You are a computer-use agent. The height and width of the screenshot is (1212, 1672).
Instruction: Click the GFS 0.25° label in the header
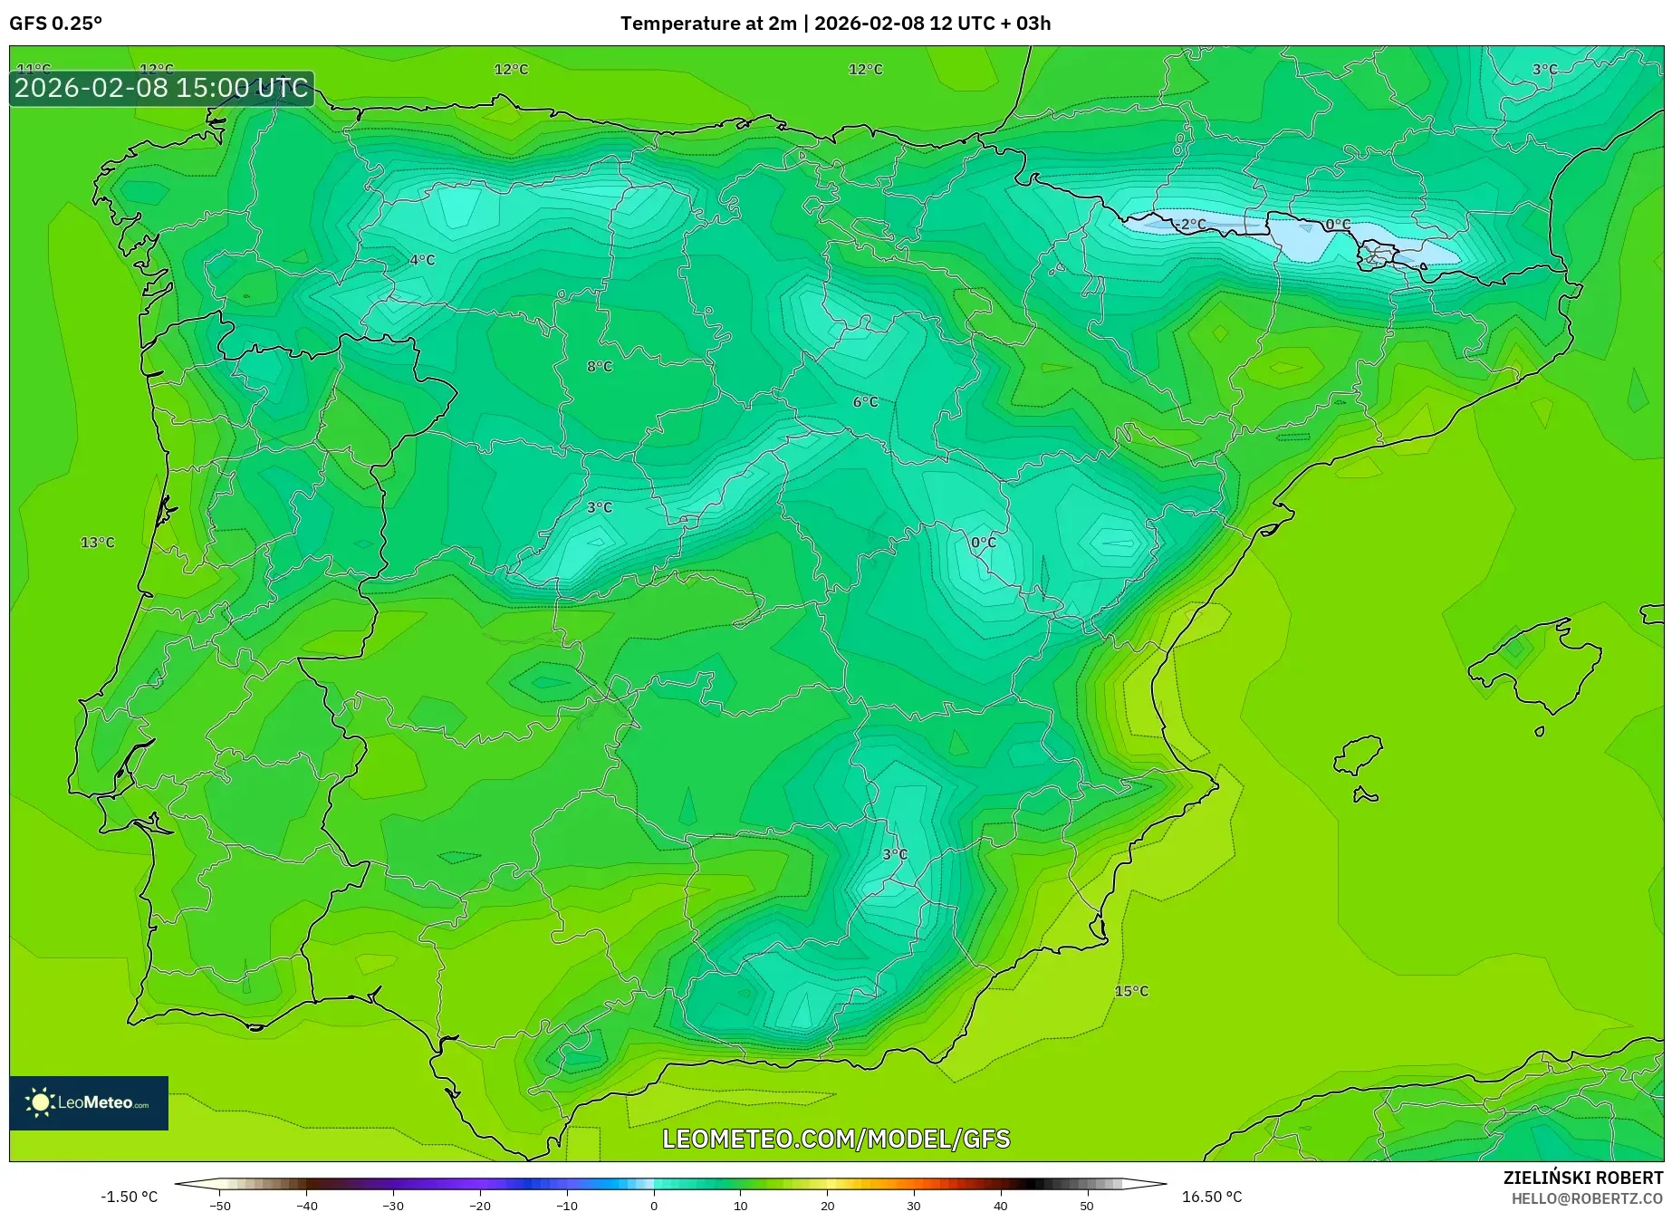tap(55, 24)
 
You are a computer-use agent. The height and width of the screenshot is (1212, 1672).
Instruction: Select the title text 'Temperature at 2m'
tap(708, 24)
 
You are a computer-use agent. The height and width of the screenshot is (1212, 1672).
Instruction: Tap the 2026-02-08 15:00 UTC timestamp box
tap(161, 89)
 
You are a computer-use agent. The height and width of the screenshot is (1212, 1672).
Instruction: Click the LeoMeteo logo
tap(89, 1102)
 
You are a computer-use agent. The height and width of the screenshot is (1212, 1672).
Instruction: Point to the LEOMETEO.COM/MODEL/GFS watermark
tap(836, 1139)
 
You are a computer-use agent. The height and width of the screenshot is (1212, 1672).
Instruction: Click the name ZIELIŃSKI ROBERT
tap(1583, 1178)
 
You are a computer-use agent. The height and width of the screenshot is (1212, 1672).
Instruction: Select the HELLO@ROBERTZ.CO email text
tap(1587, 1198)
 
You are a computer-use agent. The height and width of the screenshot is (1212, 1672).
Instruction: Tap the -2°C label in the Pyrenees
tap(1191, 224)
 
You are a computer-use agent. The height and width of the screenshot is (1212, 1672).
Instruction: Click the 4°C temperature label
tap(422, 260)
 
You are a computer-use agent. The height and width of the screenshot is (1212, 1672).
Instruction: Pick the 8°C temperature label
tap(600, 367)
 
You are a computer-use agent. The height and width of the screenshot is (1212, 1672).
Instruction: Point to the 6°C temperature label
tap(866, 402)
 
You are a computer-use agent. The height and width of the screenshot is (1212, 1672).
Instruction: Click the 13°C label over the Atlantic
tap(98, 543)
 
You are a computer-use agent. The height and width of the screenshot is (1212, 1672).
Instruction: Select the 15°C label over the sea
tap(1131, 991)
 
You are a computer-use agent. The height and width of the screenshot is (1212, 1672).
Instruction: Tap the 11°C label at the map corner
tap(34, 69)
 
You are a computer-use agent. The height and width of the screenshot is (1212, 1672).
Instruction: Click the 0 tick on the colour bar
tap(654, 1205)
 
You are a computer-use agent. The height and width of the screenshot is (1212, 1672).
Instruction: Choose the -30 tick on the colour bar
tap(392, 1205)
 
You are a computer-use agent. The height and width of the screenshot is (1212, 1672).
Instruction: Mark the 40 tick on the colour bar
tap(1000, 1205)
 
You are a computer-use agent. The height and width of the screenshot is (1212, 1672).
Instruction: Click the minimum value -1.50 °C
tap(129, 1197)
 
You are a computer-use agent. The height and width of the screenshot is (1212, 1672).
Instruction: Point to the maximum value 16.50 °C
tap(1212, 1197)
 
